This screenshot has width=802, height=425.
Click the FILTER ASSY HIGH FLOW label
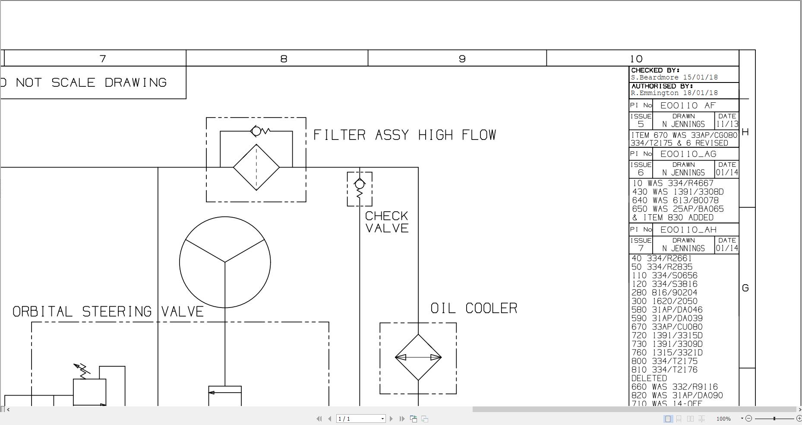tap(404, 135)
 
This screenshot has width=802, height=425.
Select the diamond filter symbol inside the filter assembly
tap(256, 167)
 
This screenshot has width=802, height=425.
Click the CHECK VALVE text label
tap(387, 222)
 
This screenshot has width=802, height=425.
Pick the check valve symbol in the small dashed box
tap(360, 189)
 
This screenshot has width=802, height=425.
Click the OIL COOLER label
tap(474, 308)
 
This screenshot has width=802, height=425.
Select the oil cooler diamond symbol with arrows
tap(418, 357)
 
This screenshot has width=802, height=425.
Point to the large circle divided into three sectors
tap(225, 262)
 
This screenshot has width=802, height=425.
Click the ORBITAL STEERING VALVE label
tap(108, 312)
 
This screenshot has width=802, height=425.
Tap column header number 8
tap(284, 59)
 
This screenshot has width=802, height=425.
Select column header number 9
tap(462, 59)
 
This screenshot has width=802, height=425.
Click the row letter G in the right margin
tap(745, 288)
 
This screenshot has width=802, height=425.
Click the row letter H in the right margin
tap(745, 132)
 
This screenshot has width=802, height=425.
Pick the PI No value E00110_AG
tap(688, 154)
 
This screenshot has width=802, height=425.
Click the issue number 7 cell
tap(641, 248)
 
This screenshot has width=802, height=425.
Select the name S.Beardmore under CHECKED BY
tap(654, 78)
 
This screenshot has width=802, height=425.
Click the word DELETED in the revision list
tap(649, 378)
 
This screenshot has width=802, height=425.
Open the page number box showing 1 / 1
tap(360, 419)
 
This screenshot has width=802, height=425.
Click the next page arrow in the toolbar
tap(392, 419)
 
